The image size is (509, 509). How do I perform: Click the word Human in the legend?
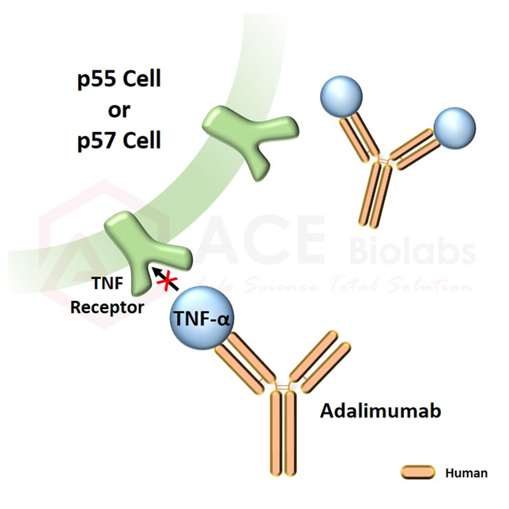coord(461,473)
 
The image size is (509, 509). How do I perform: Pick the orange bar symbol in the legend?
coord(417,473)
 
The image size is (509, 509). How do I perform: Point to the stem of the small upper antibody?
coord(377,194)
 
